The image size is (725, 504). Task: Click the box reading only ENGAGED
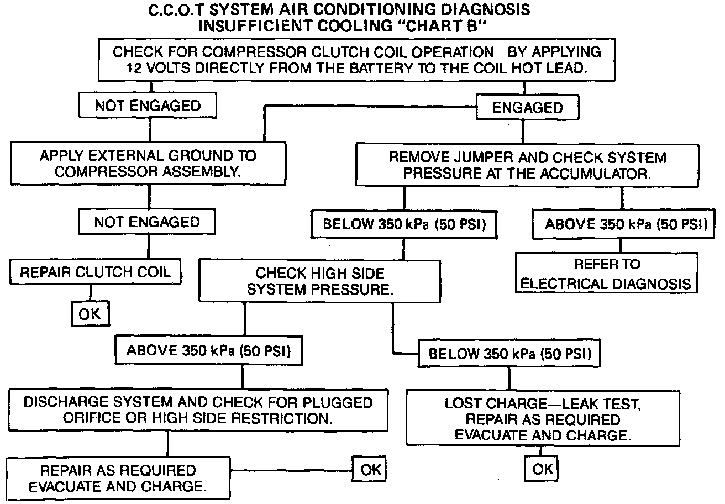coord(527,108)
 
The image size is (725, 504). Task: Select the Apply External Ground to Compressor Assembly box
coord(148,164)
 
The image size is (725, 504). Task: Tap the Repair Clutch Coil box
coord(95,272)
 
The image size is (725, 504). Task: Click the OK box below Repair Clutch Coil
coord(90,314)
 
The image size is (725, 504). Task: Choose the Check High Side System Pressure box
coord(320,281)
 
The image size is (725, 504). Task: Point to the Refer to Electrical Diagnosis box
coord(607,274)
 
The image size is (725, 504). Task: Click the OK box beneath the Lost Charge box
coord(542,469)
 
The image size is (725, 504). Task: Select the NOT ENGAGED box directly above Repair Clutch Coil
coord(147,222)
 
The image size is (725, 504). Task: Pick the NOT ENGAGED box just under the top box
coord(148,106)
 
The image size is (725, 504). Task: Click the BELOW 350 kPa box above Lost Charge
coord(509,354)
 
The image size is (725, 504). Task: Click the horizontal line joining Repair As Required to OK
coord(293,470)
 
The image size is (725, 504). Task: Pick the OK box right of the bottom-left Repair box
coord(370,470)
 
